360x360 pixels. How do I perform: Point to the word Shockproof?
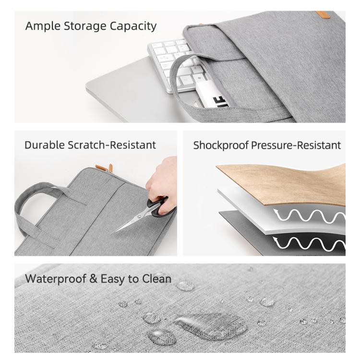point(218,145)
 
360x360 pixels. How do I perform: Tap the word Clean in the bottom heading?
point(156,278)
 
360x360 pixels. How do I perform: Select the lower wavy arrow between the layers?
point(307,245)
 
